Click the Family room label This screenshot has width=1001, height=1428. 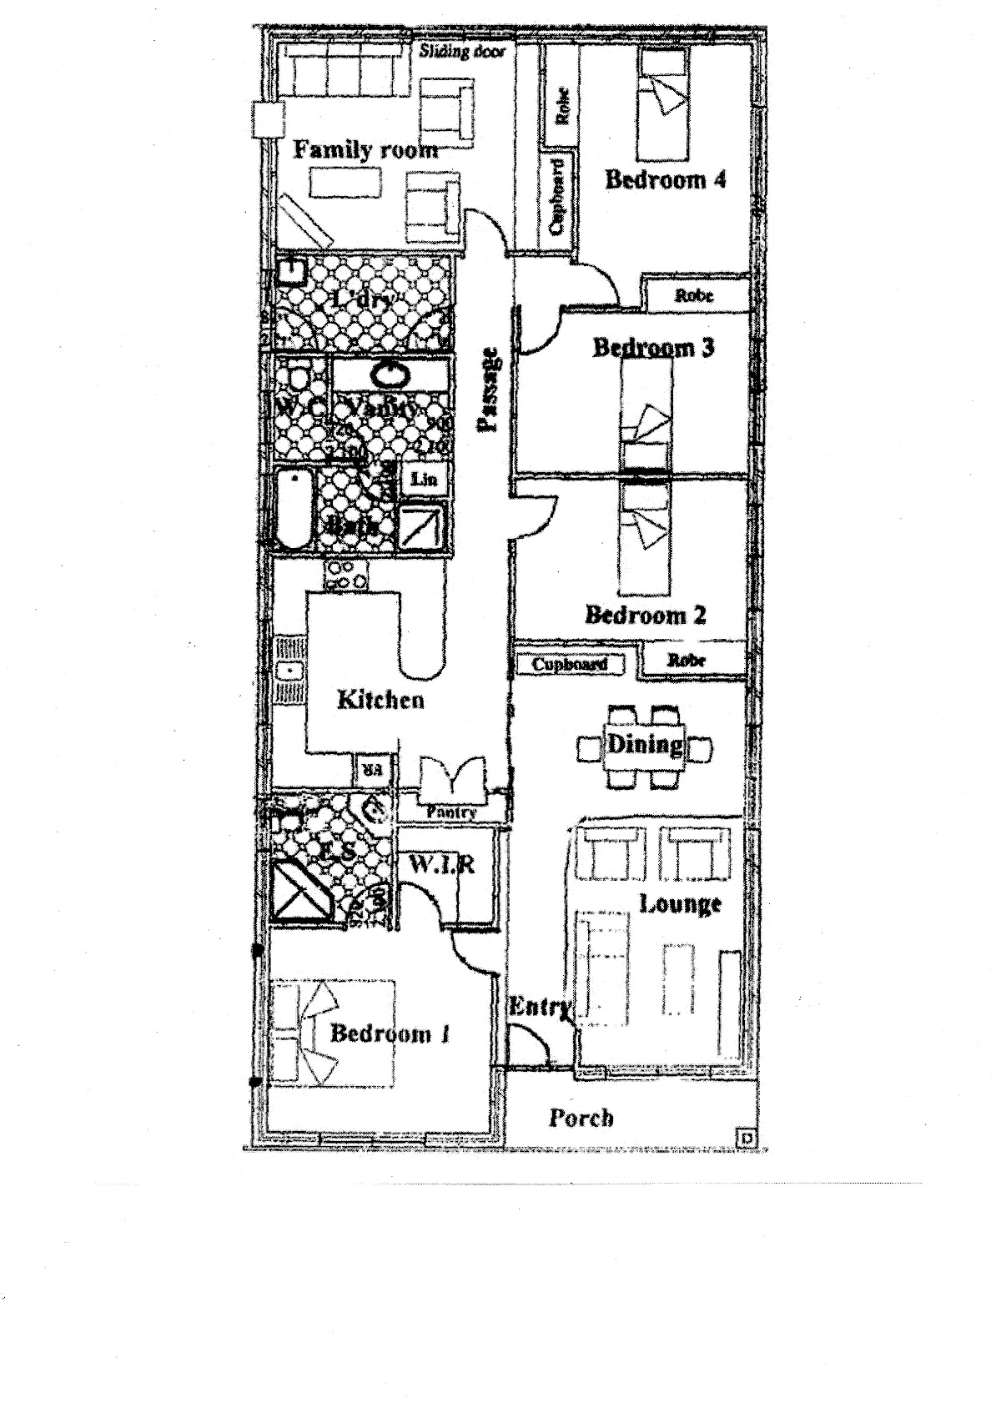coord(365,150)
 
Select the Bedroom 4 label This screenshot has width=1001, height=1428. coord(665,179)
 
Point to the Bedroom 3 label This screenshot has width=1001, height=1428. coord(653,347)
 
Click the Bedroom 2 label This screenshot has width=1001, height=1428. coord(646,616)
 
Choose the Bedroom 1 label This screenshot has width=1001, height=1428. coord(390,1034)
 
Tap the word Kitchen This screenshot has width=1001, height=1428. coord(380,700)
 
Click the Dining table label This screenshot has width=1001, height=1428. coord(644,744)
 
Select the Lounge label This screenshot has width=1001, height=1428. coord(680,904)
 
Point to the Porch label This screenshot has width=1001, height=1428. coord(581,1118)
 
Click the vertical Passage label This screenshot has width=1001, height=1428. coord(490,389)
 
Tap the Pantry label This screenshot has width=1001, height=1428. coord(450,812)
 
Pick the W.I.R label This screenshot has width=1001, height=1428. coord(442,866)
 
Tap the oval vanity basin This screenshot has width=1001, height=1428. coord(390,375)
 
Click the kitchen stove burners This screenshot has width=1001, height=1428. coord(345,576)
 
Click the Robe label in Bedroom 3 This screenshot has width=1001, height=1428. coord(694,295)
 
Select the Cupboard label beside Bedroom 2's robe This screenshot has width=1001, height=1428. coord(570,665)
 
